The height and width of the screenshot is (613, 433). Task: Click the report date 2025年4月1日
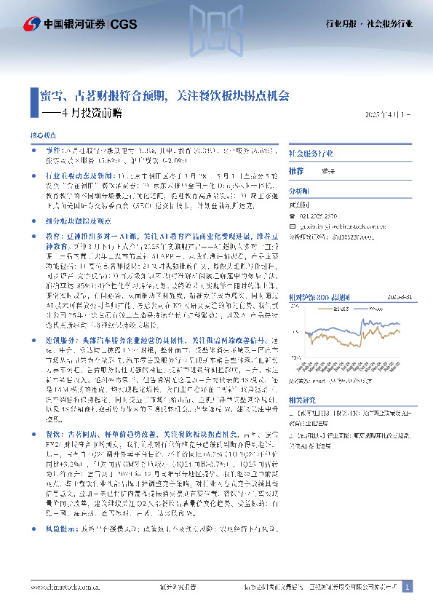(x=388, y=115)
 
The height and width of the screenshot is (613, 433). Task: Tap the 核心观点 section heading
(x=41, y=136)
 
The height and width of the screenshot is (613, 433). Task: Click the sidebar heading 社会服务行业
(x=312, y=154)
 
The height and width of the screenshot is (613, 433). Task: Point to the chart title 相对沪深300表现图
(x=319, y=256)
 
